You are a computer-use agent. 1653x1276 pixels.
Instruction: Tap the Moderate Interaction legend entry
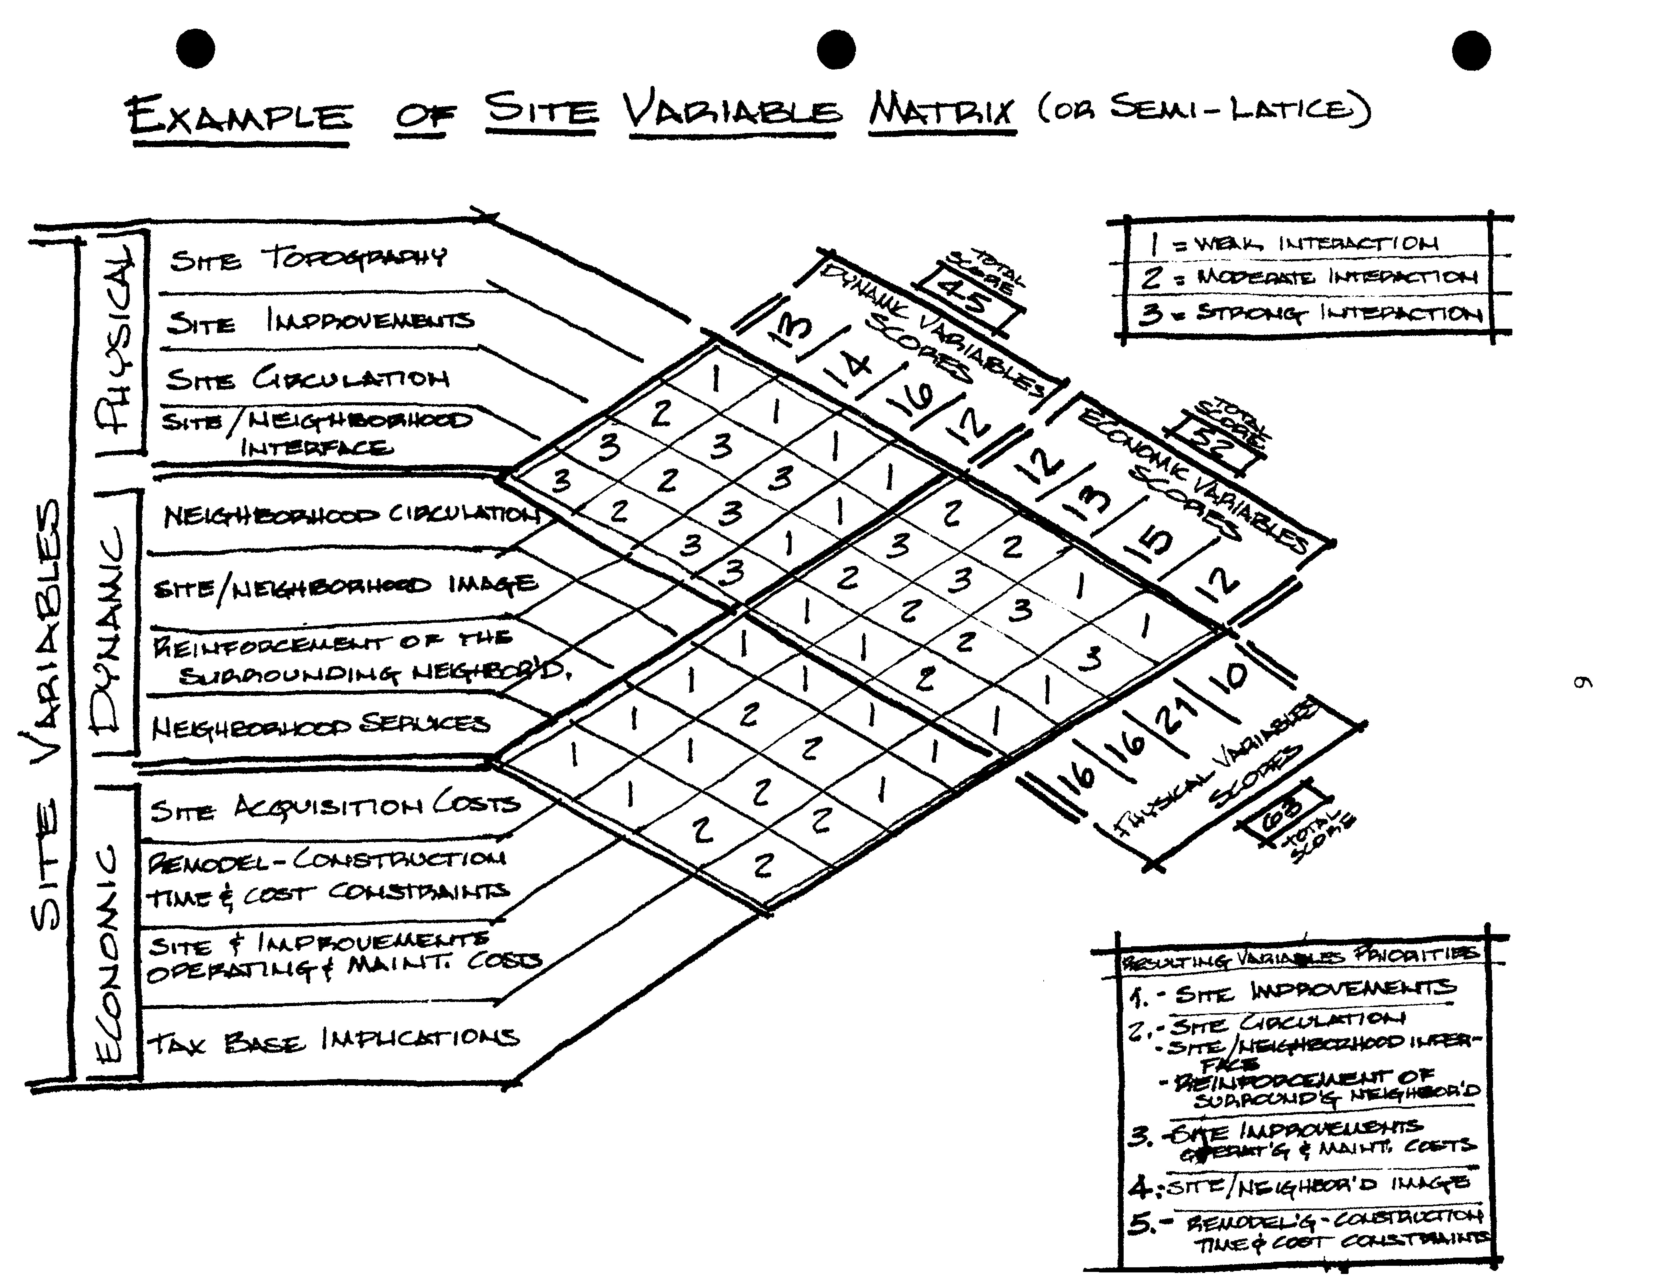(x=1309, y=277)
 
